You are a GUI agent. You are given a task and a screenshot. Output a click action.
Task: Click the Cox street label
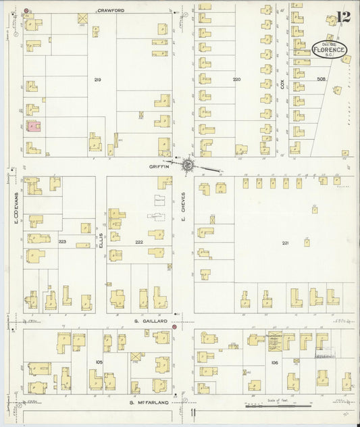(284, 85)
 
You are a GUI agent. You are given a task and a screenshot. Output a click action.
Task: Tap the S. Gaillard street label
(150, 322)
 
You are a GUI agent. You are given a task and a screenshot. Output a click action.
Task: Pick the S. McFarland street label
(150, 403)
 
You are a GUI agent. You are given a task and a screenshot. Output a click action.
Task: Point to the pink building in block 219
(32, 126)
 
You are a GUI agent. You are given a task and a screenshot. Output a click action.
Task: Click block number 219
(97, 80)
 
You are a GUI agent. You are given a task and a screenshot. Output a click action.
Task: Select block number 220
(236, 80)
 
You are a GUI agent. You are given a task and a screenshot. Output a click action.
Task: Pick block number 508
(320, 79)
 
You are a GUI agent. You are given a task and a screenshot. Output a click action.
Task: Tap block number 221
(285, 243)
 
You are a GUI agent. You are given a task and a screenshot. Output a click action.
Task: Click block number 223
(62, 241)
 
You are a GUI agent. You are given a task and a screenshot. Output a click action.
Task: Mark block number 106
(274, 363)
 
